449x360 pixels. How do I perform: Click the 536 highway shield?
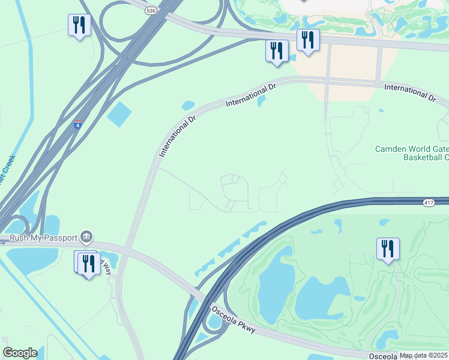tap(151, 10)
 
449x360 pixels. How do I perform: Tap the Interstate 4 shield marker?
tap(78, 125)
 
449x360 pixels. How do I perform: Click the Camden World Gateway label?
tap(412, 149)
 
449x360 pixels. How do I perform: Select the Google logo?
tap(20, 352)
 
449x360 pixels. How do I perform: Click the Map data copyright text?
tap(424, 355)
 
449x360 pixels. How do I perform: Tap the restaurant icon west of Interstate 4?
tap(79, 25)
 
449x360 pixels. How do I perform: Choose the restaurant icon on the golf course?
tap(388, 248)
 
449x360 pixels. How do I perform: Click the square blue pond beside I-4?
tap(119, 114)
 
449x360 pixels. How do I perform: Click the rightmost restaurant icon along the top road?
tap(308, 40)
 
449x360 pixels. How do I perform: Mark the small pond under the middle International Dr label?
tap(261, 101)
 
